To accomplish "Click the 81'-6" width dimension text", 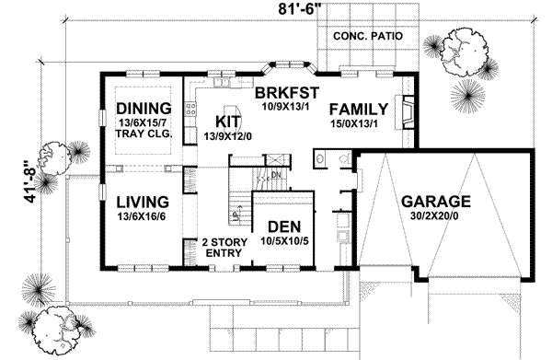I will pyautogui.click(x=276, y=10).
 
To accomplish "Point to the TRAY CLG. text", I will pyautogui.click(x=138, y=134).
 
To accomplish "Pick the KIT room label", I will pyautogui.click(x=228, y=121).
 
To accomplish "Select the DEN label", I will pyautogui.click(x=283, y=226).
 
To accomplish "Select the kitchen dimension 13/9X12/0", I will pyautogui.click(x=229, y=136).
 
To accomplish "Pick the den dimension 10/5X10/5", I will pyautogui.click(x=284, y=242).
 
